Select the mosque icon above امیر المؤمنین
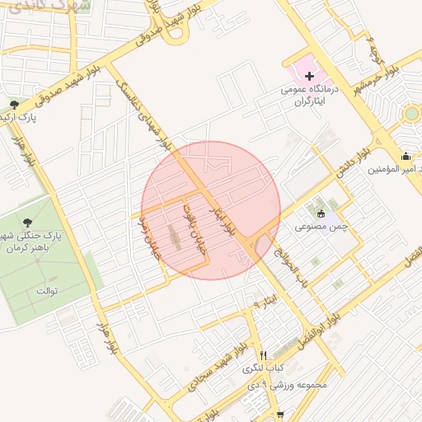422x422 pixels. coord(405,156)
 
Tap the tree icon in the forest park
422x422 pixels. coord(29,223)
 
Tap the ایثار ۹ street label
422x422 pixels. coord(263,303)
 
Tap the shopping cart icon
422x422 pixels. coord(280,416)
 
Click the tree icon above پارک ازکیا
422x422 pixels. coord(14,105)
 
